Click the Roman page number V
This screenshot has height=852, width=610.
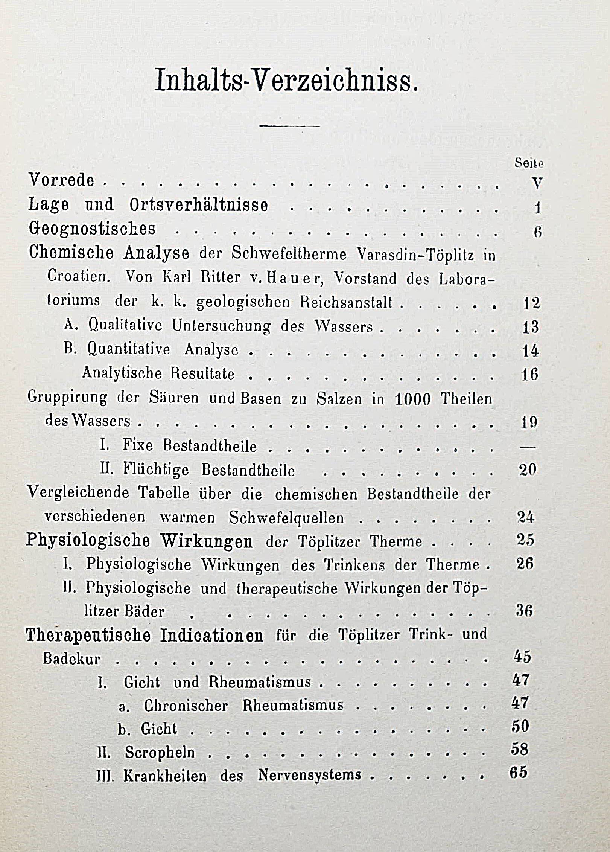pyautogui.click(x=537, y=183)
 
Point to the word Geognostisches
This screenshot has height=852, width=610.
pyautogui.click(x=92, y=229)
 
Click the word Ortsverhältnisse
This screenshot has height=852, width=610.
pyautogui.click(x=199, y=205)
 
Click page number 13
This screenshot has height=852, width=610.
pyautogui.click(x=531, y=327)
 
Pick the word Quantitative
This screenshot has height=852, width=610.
pyautogui.click(x=129, y=349)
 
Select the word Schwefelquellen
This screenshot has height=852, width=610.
pyautogui.click(x=286, y=518)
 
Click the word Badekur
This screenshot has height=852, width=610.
pyautogui.click(x=72, y=659)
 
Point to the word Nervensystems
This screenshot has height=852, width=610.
pyautogui.click(x=309, y=774)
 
